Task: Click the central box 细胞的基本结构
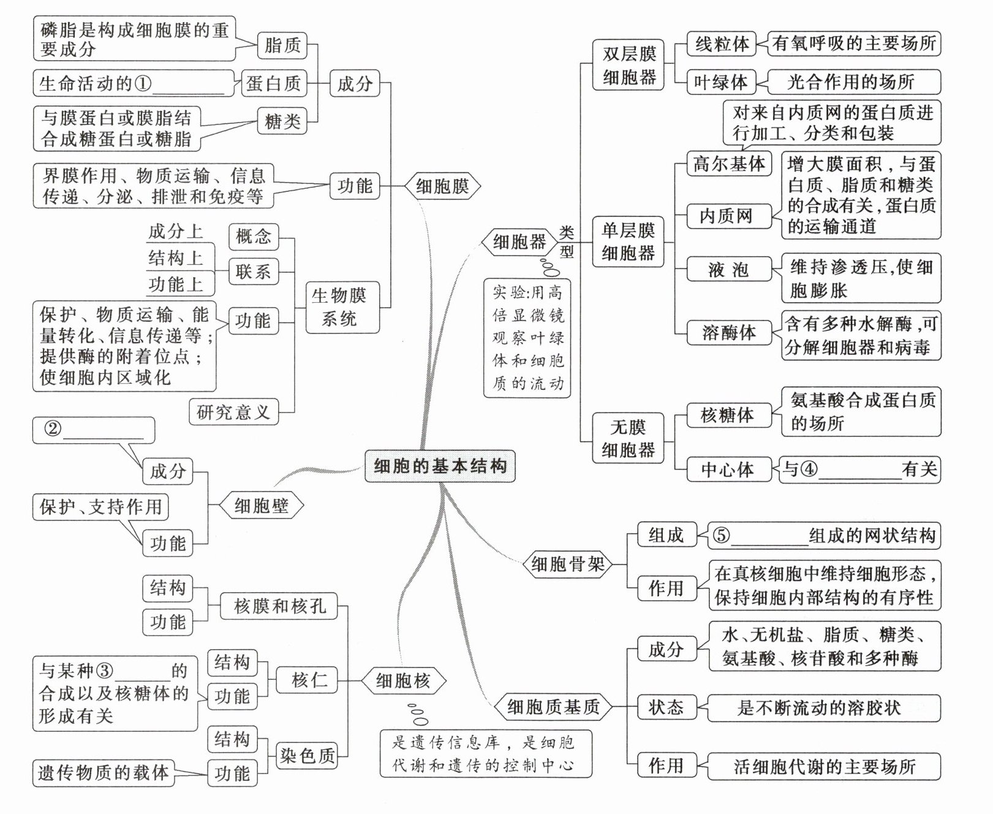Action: point(440,466)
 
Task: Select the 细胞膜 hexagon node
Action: point(442,186)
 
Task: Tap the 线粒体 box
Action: point(722,44)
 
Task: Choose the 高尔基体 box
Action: point(728,164)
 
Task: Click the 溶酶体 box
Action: point(728,333)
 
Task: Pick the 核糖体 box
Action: point(727,415)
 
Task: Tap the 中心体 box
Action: point(727,470)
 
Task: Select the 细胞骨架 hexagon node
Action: point(567,563)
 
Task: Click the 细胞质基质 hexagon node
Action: point(553,707)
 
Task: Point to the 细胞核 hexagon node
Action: point(402,680)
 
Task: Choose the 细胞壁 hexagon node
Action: point(261,506)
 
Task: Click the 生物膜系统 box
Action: point(339,307)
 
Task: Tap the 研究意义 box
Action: point(233,412)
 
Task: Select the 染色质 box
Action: point(308,755)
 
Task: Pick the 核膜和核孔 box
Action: point(279,606)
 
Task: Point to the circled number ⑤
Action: point(721,535)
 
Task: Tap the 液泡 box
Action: point(728,270)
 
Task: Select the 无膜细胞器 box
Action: point(628,438)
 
